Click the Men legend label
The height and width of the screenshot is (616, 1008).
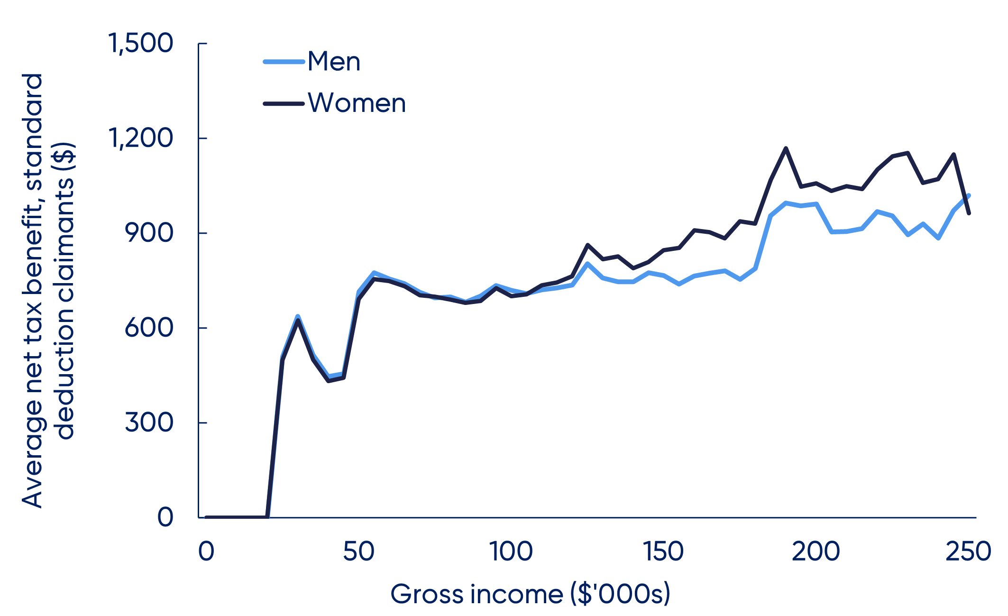click(334, 62)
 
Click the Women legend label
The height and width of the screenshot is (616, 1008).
click(357, 103)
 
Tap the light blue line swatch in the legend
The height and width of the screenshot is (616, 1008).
click(284, 62)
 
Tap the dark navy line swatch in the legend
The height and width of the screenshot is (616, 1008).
click(284, 103)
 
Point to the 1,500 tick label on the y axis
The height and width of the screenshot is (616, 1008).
click(141, 43)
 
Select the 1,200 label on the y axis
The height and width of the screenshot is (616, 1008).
click(141, 138)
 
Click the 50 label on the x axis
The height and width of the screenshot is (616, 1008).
click(358, 552)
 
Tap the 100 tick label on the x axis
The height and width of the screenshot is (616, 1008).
click(511, 552)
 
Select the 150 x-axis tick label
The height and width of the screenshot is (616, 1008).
click(663, 552)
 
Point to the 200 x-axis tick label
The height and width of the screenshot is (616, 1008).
click(816, 552)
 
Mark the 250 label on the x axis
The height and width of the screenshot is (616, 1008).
click(968, 552)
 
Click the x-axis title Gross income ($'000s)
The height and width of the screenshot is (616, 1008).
click(530, 594)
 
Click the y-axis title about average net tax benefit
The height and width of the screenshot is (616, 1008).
click(47, 290)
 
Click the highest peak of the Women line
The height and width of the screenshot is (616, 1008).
click(786, 148)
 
